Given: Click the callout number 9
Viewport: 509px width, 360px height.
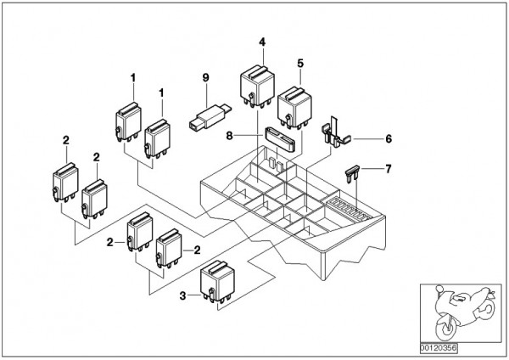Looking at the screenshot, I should tap(204, 78).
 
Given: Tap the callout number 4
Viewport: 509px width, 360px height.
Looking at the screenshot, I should tap(263, 42).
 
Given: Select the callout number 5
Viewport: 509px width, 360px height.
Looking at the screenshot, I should tap(299, 62).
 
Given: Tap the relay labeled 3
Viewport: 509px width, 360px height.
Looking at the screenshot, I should tap(216, 284).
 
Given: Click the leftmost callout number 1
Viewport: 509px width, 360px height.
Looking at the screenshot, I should tap(133, 79).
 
